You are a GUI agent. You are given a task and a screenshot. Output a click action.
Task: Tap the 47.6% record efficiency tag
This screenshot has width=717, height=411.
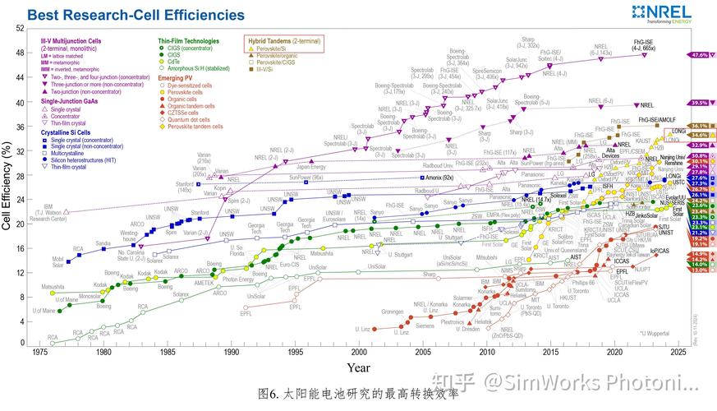pos(700,55)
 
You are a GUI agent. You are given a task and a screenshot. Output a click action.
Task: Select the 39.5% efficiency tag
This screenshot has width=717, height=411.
pos(700,103)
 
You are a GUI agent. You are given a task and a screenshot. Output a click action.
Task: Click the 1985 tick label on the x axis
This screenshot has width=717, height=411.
pos(167,352)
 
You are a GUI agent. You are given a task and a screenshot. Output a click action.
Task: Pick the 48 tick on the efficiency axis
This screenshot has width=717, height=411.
pos(19,53)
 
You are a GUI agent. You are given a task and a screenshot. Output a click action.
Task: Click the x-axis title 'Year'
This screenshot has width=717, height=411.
pos(357,367)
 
